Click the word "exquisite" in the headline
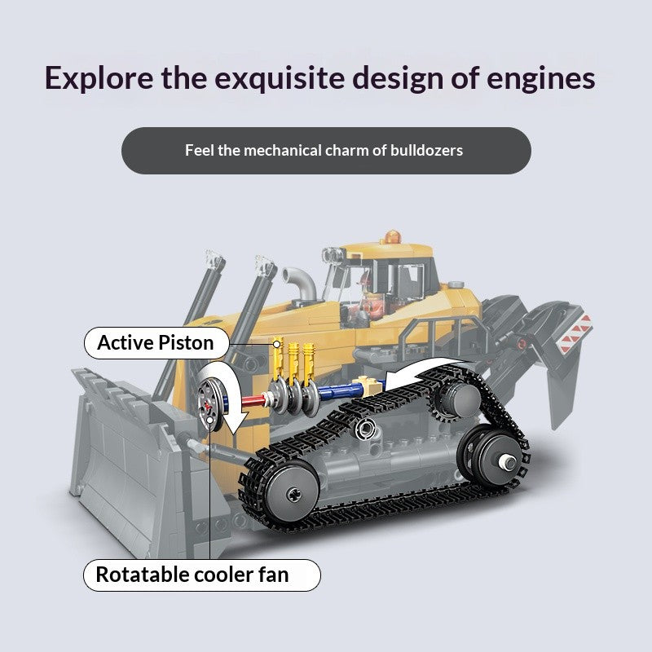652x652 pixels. coord(280,78)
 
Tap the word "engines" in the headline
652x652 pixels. coord(540,79)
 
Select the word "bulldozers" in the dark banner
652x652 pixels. coord(426,150)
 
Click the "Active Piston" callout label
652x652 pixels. coord(156,343)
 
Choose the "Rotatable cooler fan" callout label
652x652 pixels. coord(202,575)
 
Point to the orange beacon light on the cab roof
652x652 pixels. coord(392,236)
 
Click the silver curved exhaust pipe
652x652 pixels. coord(299,282)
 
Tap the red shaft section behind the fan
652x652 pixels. coord(254,401)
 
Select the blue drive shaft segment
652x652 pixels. coord(339,391)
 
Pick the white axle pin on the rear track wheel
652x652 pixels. coord(506,460)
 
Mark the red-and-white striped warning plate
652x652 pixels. coord(575,333)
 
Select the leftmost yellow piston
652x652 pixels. coord(278,359)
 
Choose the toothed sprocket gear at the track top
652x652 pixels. coord(458,399)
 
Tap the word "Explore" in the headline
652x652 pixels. coord(99,78)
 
